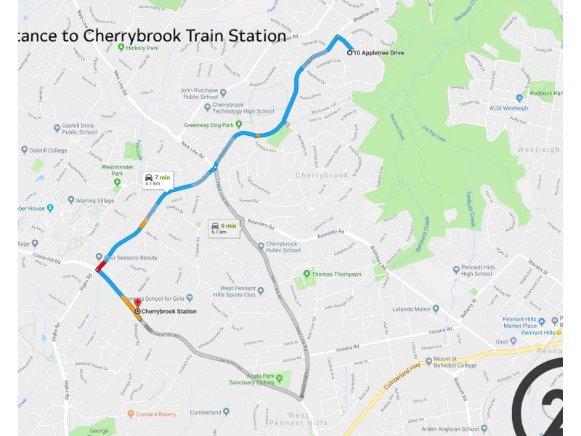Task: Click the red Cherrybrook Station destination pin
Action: tap(137, 302)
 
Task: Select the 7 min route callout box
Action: tap(157, 180)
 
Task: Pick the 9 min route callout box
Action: tap(223, 228)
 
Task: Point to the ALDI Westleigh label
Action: tap(508, 108)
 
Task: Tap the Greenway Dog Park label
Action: tap(213, 125)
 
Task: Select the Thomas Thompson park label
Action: tap(336, 274)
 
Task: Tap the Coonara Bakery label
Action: tap(157, 414)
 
